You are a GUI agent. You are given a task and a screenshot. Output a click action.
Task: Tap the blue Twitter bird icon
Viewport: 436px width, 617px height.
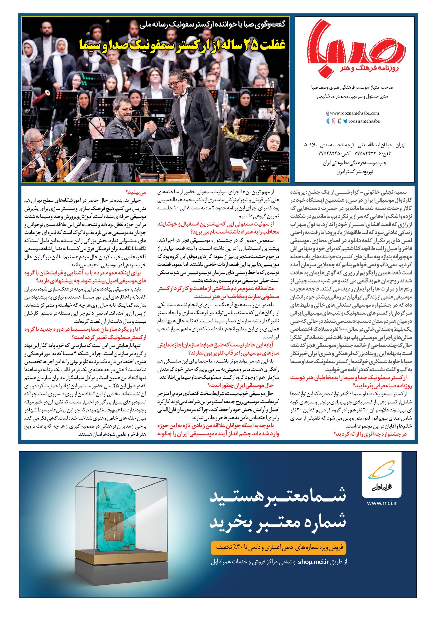tap(345, 121)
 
